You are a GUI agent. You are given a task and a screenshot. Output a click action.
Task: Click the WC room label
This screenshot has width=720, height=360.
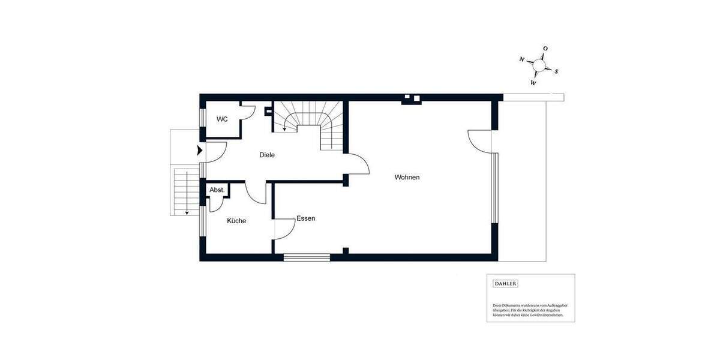222,119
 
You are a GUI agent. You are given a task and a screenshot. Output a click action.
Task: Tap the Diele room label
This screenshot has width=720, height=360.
267,155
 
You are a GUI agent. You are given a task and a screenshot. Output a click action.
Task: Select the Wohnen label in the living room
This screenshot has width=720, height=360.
407,178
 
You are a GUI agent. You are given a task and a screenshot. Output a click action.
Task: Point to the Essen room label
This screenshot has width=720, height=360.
306,219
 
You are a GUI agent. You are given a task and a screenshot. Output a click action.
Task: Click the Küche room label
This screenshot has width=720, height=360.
236,221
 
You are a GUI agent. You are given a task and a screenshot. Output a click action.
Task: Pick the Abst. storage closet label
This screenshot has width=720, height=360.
217,190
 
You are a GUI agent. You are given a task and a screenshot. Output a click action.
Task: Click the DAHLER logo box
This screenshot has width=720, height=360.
505,284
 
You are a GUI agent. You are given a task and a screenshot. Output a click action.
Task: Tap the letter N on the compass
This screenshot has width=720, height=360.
523,59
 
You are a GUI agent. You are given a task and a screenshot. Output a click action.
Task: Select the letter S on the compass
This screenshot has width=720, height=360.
556,71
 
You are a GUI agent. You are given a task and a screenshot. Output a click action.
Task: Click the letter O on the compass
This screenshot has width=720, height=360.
545,49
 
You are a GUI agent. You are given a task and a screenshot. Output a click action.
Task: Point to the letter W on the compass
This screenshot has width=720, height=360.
533,83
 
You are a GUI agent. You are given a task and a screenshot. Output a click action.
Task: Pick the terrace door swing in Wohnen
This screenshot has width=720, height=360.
480,141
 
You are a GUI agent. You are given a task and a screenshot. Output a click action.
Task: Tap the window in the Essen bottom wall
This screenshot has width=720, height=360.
307,257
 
